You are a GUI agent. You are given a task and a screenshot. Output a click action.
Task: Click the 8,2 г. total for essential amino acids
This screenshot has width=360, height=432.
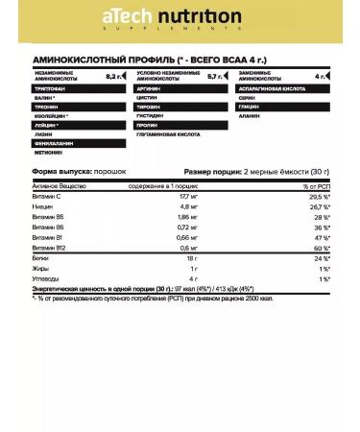[114, 102]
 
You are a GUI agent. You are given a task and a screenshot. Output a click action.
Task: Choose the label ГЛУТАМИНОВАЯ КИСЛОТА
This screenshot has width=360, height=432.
[170, 160]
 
